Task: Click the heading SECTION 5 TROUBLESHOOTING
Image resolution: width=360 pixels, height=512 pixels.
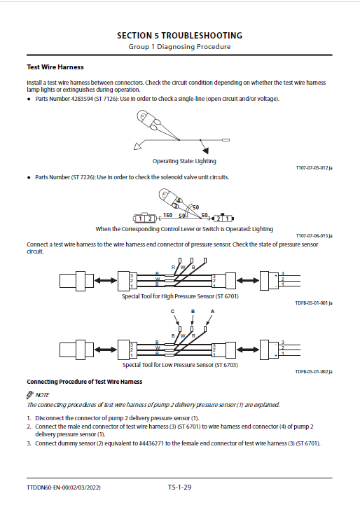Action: click(x=179, y=36)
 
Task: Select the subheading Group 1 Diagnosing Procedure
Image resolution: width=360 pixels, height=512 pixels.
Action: click(x=179, y=47)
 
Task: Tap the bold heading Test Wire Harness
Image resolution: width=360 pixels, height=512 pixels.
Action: click(x=55, y=67)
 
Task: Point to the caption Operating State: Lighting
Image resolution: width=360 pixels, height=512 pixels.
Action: click(x=184, y=161)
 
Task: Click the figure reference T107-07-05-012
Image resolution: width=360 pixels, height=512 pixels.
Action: click(x=312, y=168)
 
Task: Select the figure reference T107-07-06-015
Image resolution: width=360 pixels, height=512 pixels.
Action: click(x=312, y=236)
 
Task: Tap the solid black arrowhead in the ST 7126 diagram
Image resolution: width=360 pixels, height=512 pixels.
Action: click(x=205, y=150)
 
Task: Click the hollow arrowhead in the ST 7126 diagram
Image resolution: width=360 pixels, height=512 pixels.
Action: click(x=138, y=146)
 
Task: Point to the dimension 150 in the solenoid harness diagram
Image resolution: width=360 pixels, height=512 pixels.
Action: click(x=168, y=215)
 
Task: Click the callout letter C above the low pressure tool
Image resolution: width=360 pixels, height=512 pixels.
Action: click(x=173, y=312)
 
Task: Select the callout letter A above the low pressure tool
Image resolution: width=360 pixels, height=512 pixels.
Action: click(x=212, y=312)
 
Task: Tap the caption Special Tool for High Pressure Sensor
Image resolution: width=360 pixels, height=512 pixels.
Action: click(x=180, y=296)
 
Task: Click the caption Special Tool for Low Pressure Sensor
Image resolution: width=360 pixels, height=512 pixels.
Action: click(x=180, y=365)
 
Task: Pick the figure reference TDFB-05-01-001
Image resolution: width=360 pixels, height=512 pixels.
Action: click(x=312, y=303)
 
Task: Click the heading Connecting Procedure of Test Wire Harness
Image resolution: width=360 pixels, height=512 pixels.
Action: click(x=85, y=382)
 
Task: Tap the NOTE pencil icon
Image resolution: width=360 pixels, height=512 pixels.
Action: click(x=30, y=395)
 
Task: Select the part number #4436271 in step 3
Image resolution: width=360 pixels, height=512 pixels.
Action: click(x=151, y=443)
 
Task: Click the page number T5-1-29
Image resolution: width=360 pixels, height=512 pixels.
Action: click(x=179, y=487)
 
